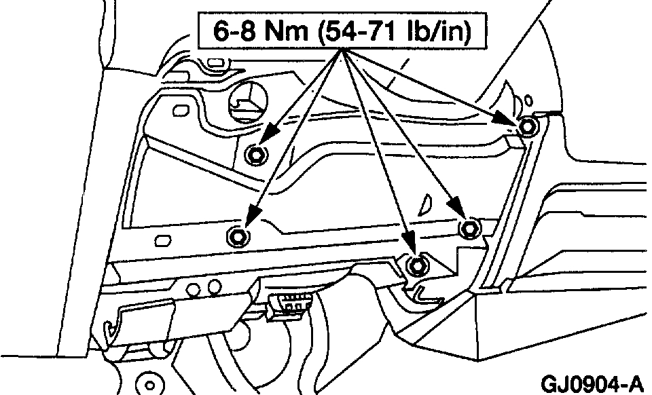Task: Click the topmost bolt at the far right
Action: (x=528, y=126)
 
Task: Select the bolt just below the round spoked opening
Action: (x=257, y=155)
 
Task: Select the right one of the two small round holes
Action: (x=215, y=285)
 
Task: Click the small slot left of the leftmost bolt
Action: (x=163, y=241)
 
